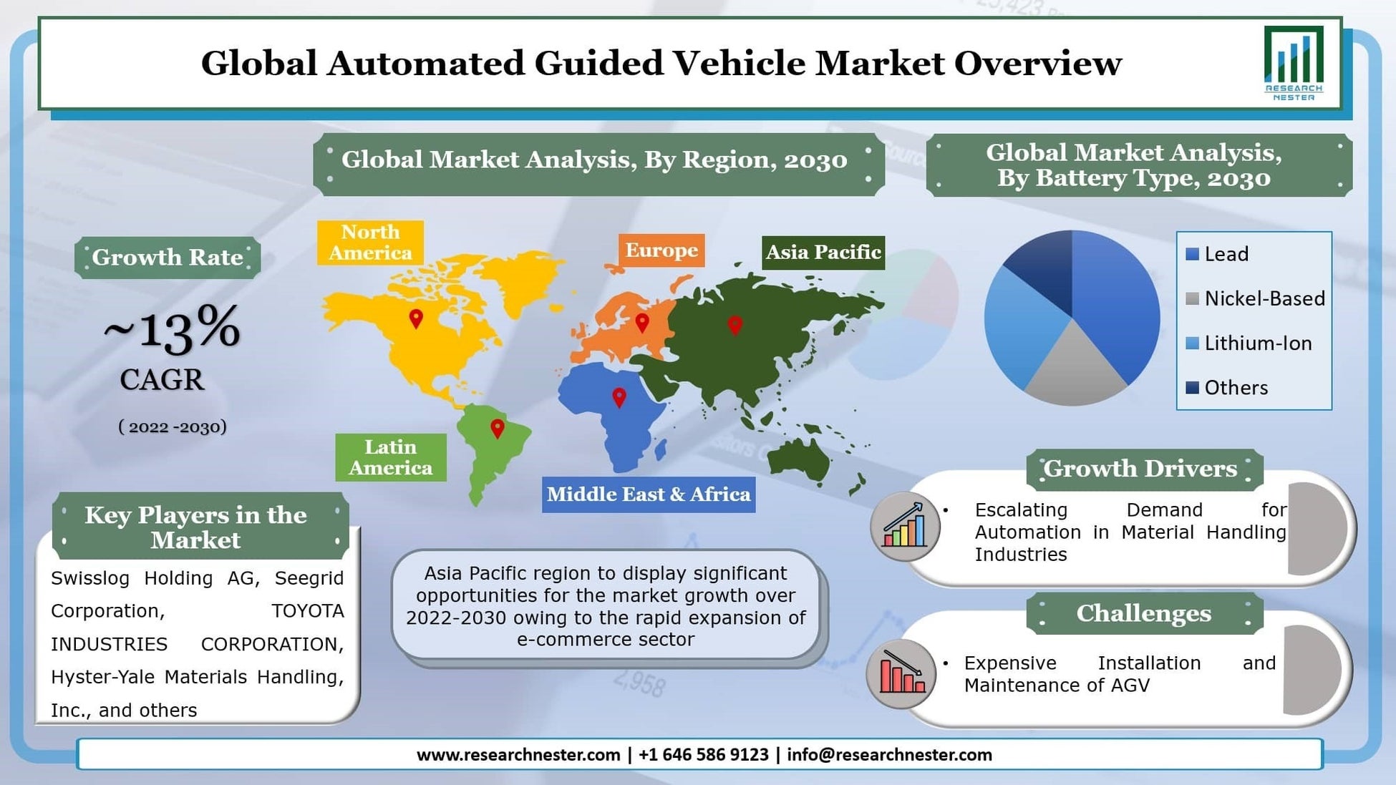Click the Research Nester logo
point(1293,63)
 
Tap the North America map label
point(370,243)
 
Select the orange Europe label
point(661,250)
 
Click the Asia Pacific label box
point(823,253)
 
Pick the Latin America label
point(390,457)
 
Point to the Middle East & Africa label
point(648,494)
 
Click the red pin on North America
point(416,318)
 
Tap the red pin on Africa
point(619,397)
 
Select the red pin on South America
point(497,429)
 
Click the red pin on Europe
point(642,323)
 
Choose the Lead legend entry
point(1225,254)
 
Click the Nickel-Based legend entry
point(1264,298)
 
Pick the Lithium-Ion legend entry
point(1257,343)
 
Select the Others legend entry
point(1235,388)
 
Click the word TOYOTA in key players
point(307,611)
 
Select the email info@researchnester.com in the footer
point(889,755)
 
